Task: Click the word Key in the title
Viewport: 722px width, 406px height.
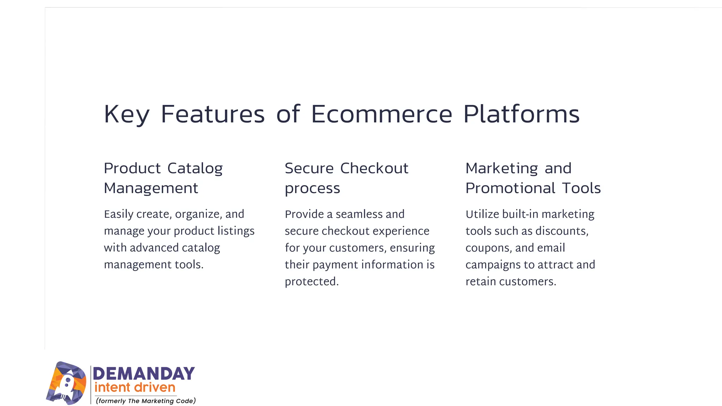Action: click(x=127, y=115)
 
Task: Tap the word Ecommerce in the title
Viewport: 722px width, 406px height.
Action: click(x=381, y=115)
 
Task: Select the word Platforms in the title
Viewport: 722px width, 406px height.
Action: click(x=521, y=115)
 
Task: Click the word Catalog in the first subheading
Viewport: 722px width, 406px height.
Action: click(x=195, y=168)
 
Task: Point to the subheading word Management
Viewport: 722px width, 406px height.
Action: click(x=151, y=188)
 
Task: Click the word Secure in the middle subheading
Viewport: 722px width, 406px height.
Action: click(x=309, y=168)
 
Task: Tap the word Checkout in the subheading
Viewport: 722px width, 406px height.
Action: click(x=374, y=168)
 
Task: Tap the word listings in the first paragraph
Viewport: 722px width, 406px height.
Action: click(x=236, y=231)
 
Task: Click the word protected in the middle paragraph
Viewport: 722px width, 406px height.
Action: click(x=311, y=282)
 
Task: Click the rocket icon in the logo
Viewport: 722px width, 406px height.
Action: click(x=66, y=383)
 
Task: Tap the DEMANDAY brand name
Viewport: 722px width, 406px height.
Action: click(x=143, y=374)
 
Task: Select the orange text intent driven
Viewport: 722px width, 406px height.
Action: click(x=135, y=388)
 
